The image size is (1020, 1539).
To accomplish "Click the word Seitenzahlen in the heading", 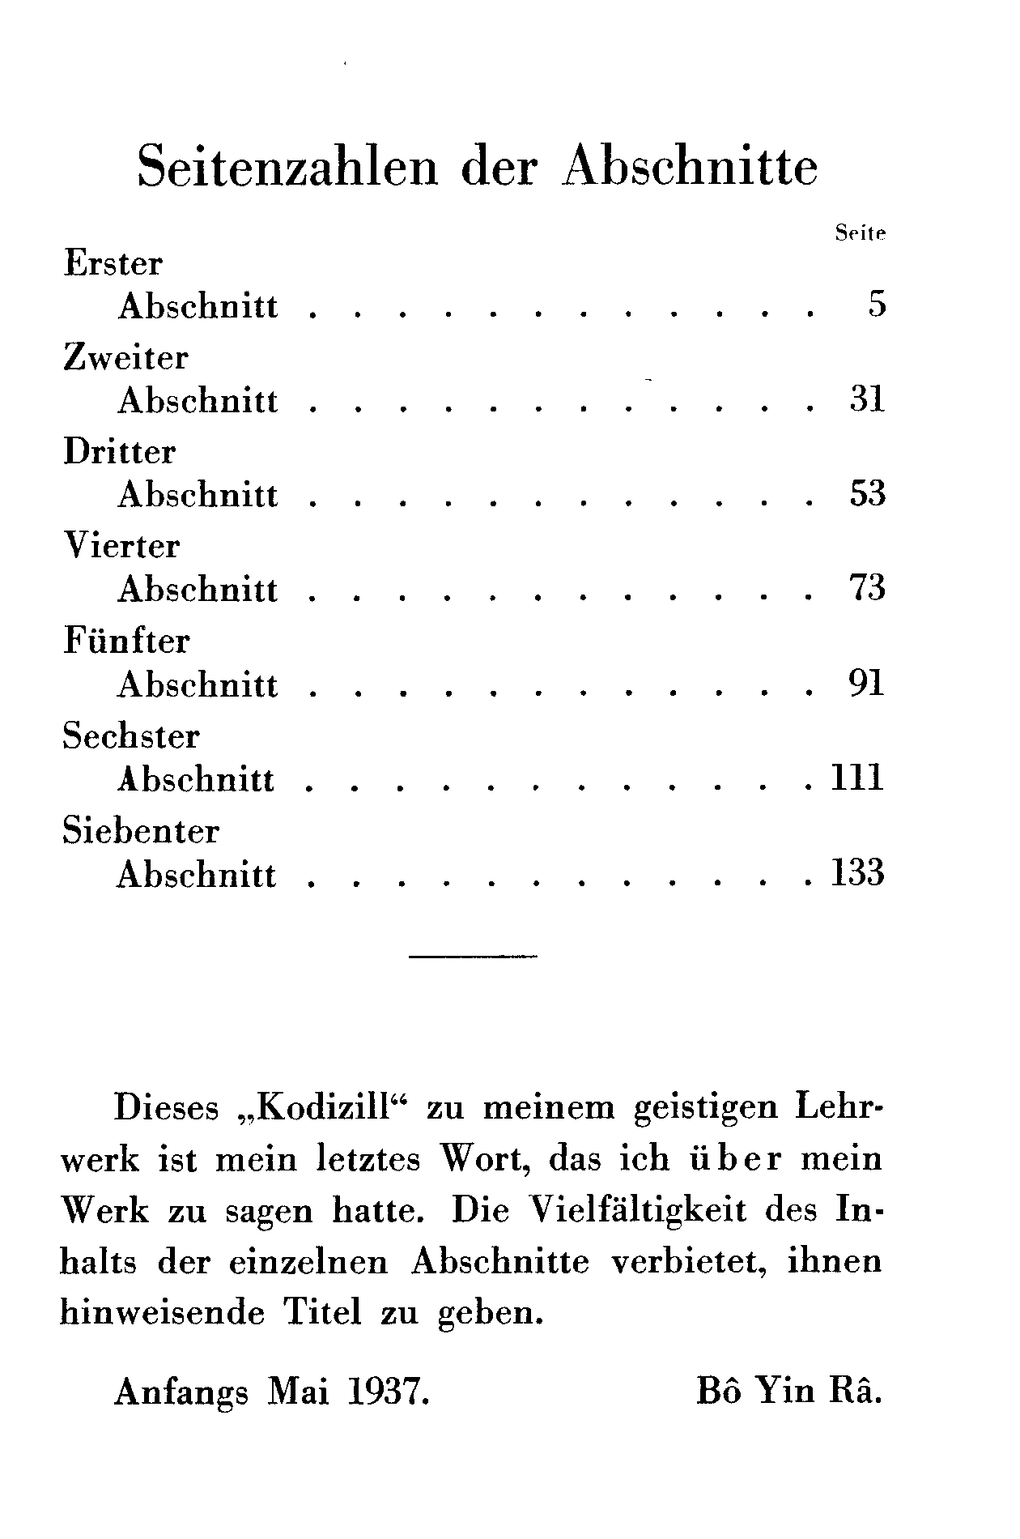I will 287,167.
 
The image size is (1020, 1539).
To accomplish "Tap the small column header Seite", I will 861,233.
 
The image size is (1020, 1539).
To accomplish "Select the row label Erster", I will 113,264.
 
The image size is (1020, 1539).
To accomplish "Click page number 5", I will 878,305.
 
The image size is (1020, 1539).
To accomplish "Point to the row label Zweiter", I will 126,358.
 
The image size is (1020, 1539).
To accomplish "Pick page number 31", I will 868,399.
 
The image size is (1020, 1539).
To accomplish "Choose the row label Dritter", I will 120,452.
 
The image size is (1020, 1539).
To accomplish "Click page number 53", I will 868,493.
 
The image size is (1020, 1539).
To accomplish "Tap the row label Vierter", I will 121,546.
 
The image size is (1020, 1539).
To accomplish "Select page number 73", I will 868,588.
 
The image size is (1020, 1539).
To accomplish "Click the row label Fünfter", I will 126,641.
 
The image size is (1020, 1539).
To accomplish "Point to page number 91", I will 868,684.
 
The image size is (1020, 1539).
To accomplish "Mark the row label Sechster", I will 131,736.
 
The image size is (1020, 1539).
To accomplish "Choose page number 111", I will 857,778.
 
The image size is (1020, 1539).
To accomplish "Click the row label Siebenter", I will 141,831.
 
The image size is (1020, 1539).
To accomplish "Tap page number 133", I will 857,873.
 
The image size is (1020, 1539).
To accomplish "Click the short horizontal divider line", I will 474,957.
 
